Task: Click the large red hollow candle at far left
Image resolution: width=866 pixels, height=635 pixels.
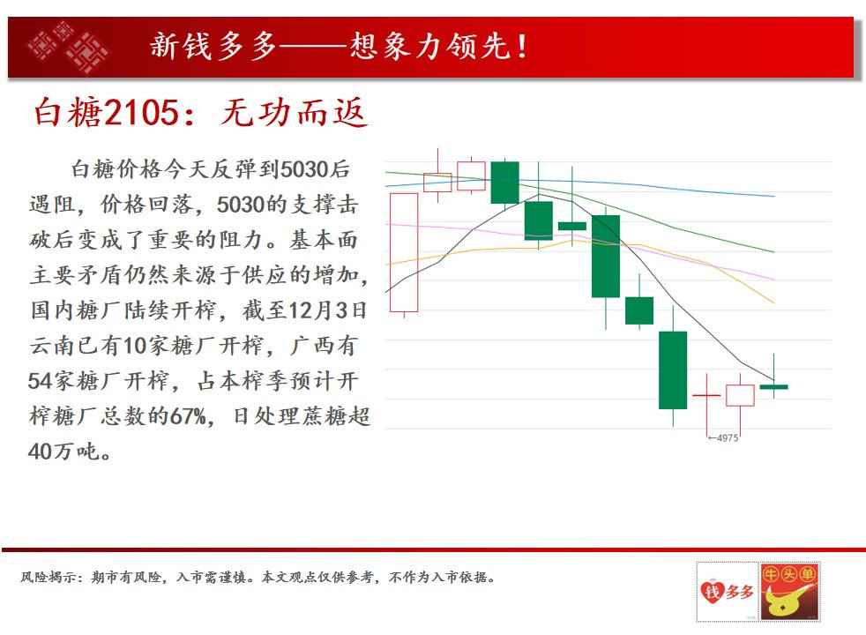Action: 403,253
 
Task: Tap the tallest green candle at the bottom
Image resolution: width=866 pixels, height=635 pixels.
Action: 673,370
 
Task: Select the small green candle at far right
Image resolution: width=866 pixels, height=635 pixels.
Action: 773,386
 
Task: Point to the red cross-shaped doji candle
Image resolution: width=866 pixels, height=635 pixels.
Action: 706,396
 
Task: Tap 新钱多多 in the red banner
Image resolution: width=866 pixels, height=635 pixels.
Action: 202,46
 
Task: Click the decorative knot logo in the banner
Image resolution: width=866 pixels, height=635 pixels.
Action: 67,47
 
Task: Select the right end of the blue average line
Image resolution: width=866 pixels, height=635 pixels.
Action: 773,196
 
